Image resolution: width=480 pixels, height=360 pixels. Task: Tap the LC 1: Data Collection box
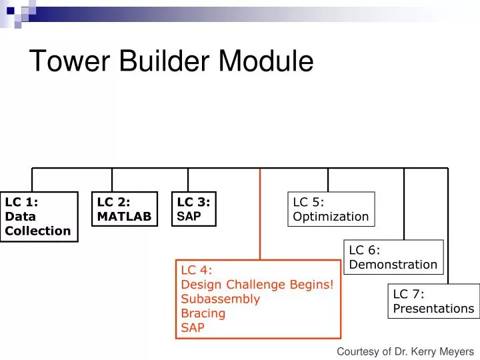(x=39, y=217)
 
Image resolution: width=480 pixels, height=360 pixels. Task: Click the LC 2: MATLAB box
(x=125, y=209)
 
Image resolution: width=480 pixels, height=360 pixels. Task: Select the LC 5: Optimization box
(x=331, y=209)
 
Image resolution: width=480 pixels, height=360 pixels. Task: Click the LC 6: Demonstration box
(x=393, y=257)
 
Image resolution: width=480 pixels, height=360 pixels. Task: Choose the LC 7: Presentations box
(x=433, y=301)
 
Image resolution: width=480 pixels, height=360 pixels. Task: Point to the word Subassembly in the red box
(x=221, y=299)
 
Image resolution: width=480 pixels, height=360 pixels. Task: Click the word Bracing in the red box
(x=203, y=313)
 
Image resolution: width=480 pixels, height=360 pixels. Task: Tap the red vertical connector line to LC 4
(x=260, y=213)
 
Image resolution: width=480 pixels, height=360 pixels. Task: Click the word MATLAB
(x=125, y=217)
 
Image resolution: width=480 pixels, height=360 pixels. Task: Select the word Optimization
(x=331, y=217)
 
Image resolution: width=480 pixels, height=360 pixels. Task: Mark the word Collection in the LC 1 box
(x=38, y=231)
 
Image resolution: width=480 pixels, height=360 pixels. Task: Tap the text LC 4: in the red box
(x=197, y=269)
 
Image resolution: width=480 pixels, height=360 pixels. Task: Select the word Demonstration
(x=393, y=265)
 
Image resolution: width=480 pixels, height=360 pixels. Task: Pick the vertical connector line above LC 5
(x=328, y=179)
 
